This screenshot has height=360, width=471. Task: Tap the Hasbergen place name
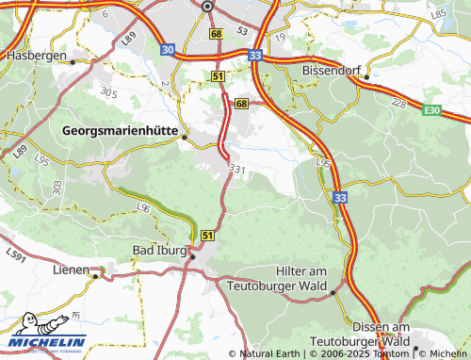[36, 56]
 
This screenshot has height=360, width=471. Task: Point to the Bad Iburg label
[158, 252]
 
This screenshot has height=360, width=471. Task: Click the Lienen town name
[71, 270]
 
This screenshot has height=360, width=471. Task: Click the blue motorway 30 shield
[167, 48]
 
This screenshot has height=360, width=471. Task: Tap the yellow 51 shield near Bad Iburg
[206, 235]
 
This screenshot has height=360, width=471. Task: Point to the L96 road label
[143, 205]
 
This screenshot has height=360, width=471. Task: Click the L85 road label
[438, 14]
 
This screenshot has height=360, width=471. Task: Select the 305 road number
[109, 91]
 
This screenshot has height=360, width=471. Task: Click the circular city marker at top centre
[206, 7]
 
